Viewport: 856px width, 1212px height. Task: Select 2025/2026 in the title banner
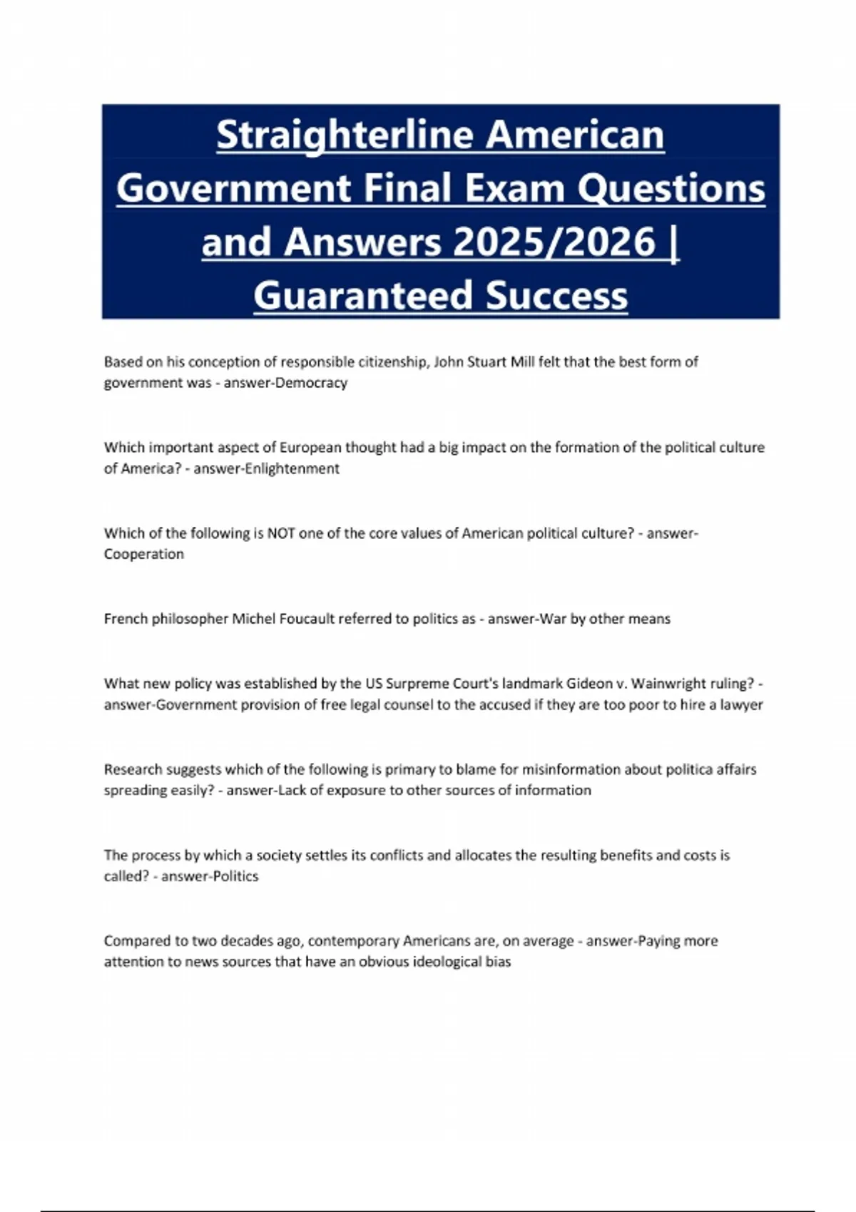pyautogui.click(x=554, y=242)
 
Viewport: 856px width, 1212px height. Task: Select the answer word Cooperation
pyautogui.click(x=143, y=554)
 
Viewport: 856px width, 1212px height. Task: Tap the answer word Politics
pyautogui.click(x=235, y=876)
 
